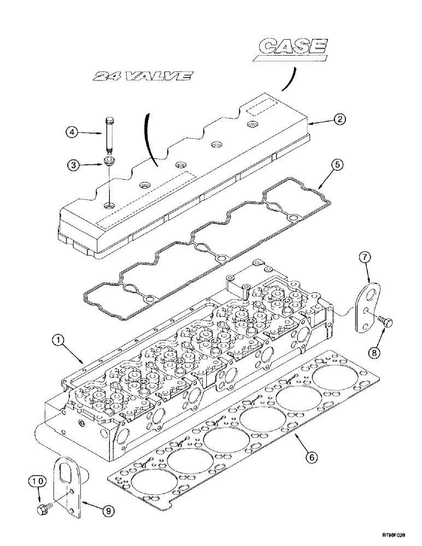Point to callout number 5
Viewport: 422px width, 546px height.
[338, 164]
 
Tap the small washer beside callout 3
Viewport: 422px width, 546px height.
[109, 162]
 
